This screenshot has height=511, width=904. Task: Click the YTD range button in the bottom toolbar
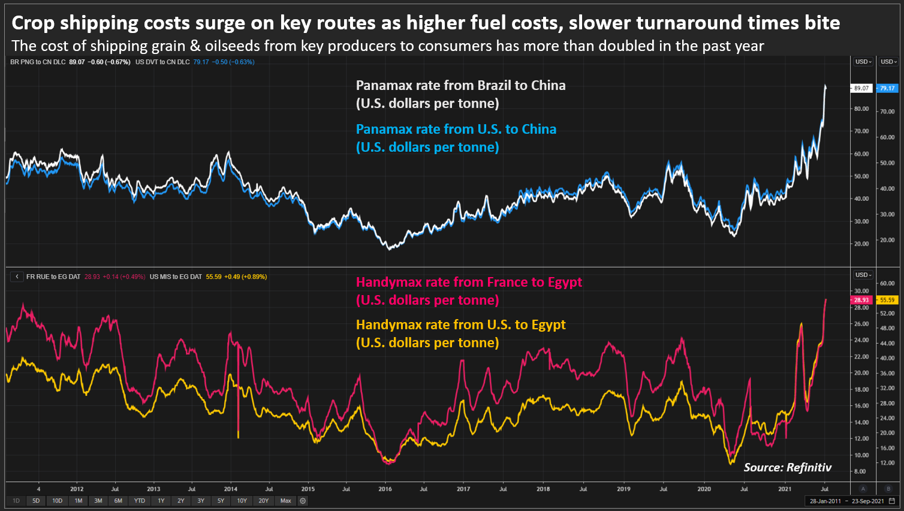(x=140, y=501)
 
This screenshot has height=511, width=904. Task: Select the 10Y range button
(x=242, y=501)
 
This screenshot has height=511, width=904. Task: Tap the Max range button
(x=286, y=501)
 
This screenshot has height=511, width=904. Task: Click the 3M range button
(x=98, y=501)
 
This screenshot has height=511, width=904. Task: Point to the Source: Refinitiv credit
(x=787, y=467)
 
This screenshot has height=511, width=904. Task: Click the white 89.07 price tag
(x=861, y=88)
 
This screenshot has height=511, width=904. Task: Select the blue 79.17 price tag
(x=887, y=88)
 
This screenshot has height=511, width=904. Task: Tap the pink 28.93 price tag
(x=861, y=300)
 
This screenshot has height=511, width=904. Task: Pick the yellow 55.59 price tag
(x=887, y=300)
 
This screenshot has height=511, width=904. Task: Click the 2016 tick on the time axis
(x=385, y=489)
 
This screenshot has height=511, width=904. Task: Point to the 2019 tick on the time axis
(x=623, y=489)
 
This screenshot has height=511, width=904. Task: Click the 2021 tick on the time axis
(x=785, y=489)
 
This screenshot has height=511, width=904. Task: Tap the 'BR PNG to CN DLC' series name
(x=38, y=62)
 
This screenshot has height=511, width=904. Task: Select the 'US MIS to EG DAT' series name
(x=176, y=276)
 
